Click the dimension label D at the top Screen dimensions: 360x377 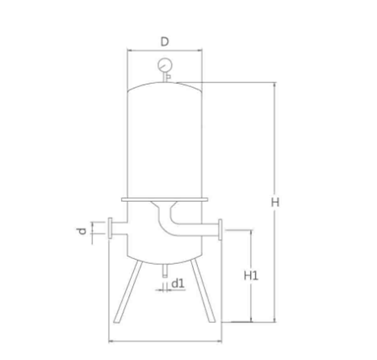point(165,40)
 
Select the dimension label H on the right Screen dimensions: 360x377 point(274,203)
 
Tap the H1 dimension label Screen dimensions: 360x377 point(251,275)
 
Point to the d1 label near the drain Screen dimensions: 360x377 point(179,283)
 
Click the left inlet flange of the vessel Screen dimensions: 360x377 point(111,230)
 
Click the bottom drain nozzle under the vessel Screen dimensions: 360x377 point(165,271)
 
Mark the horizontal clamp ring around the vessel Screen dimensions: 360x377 point(165,199)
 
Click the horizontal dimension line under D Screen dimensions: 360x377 point(165,50)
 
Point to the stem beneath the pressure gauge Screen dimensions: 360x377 point(165,76)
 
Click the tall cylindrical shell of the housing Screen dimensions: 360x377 point(165,141)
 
